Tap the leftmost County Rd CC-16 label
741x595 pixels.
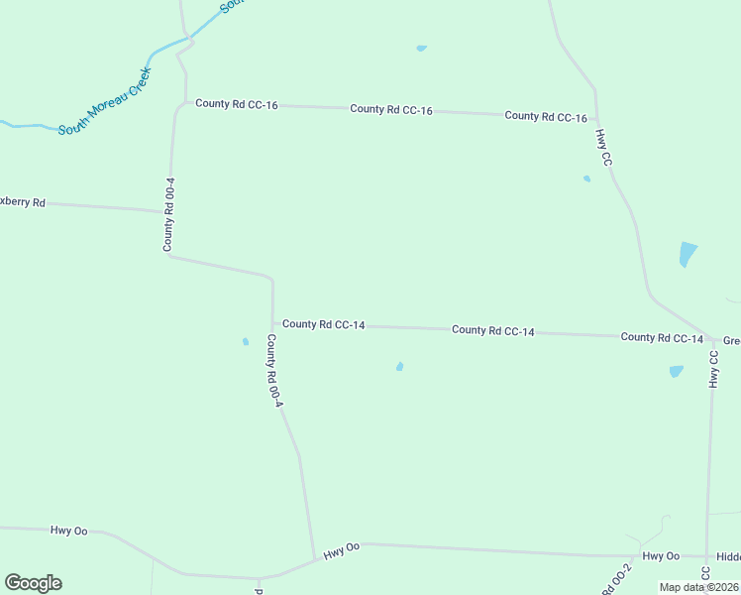coord(236,103)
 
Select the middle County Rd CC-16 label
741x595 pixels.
coord(391,109)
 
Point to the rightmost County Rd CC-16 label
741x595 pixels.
coord(546,116)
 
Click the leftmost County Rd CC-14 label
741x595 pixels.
coord(324,324)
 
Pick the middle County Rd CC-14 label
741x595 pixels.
coord(493,330)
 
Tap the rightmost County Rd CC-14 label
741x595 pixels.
coord(662,338)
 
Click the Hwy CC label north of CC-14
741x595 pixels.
coord(603,146)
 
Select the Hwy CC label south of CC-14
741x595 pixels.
coord(713,368)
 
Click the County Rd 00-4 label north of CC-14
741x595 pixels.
coord(169,214)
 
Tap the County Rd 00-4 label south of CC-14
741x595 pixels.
coord(274,371)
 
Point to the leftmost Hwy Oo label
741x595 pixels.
coord(69,531)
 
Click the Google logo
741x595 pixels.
coord(33,583)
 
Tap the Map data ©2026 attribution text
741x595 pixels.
coord(698,587)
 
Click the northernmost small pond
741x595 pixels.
coord(422,48)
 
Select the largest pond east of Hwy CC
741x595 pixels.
coord(688,254)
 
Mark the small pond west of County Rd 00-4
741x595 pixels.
coord(246,342)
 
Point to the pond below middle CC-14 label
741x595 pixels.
coord(399,367)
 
